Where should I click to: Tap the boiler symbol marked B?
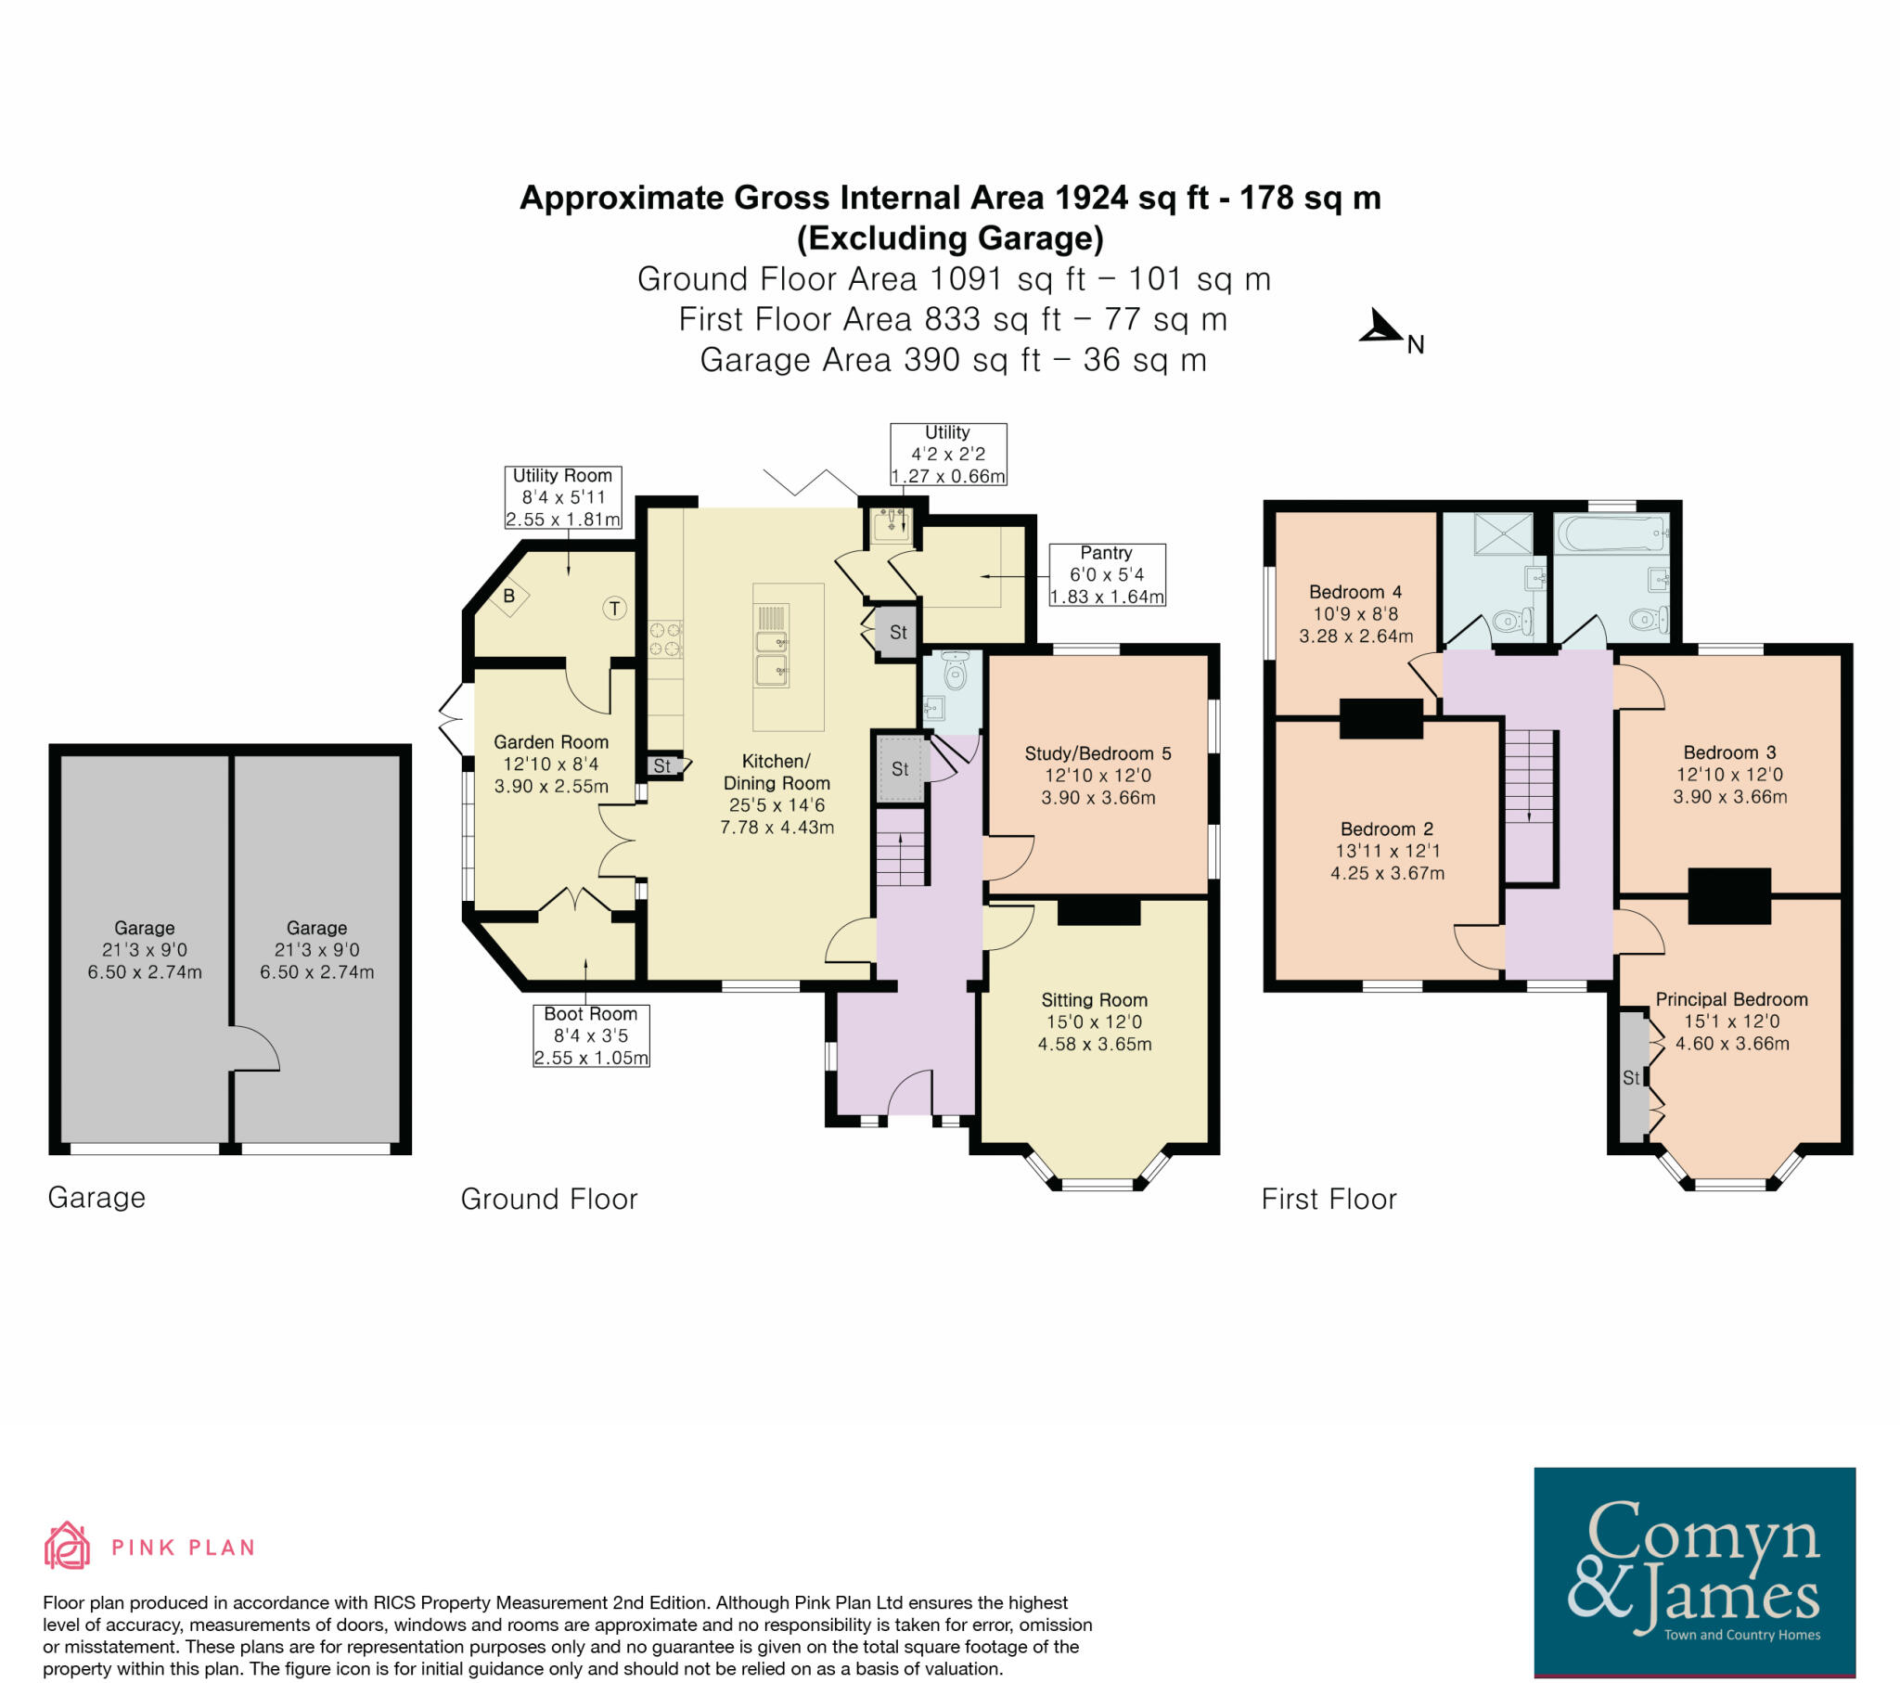(509, 596)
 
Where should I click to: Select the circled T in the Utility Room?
(614, 609)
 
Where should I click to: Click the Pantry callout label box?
(1106, 574)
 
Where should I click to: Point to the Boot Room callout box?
(590, 1034)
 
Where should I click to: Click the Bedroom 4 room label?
(1355, 613)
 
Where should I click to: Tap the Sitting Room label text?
(1094, 1000)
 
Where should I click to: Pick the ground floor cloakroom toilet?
(956, 670)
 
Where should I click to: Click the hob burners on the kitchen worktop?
(665, 638)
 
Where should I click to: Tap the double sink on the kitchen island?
(774, 657)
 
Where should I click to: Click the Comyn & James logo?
(1694, 1571)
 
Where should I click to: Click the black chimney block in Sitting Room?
(1098, 911)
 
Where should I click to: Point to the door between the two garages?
(254, 1048)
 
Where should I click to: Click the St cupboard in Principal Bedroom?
(1631, 1078)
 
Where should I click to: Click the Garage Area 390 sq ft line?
(953, 360)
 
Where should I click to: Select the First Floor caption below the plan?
(1329, 1200)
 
